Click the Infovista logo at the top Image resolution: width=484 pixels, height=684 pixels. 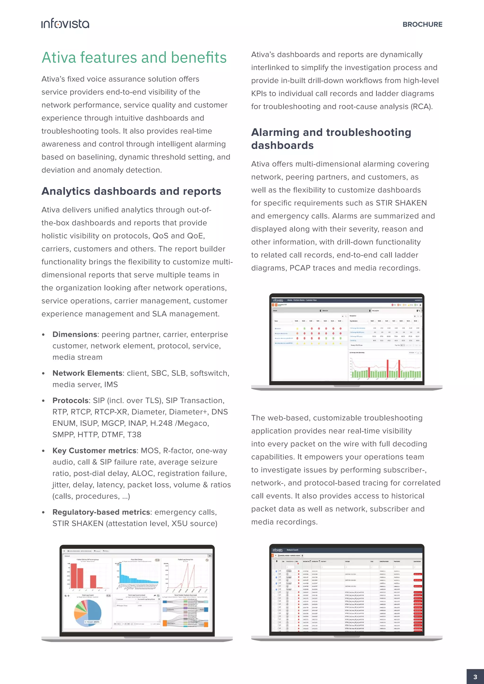point(65,24)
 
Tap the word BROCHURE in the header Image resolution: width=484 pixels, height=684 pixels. point(422,24)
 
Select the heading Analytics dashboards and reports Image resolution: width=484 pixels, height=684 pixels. point(131,191)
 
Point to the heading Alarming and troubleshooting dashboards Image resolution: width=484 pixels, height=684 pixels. point(331,139)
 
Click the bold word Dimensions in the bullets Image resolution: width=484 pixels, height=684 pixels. point(74,334)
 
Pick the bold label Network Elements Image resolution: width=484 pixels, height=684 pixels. point(87,373)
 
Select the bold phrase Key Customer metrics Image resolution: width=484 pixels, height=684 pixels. point(94,451)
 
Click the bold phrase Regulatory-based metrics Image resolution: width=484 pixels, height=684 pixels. point(101,512)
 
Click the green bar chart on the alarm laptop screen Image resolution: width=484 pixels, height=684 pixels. point(386,371)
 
